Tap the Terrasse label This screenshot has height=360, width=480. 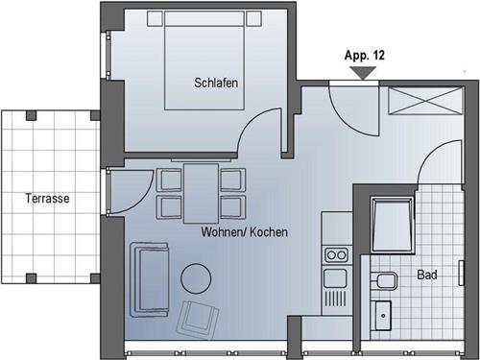pyautogui.click(x=47, y=199)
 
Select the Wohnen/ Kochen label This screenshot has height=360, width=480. pyautogui.click(x=245, y=232)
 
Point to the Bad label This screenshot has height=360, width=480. pyautogui.click(x=427, y=276)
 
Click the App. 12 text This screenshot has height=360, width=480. pyautogui.click(x=364, y=56)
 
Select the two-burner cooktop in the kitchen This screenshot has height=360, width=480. pyautogui.click(x=335, y=254)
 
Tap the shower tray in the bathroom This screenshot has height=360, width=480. pyautogui.click(x=393, y=223)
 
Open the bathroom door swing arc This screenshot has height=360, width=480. pyautogui.click(x=432, y=158)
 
